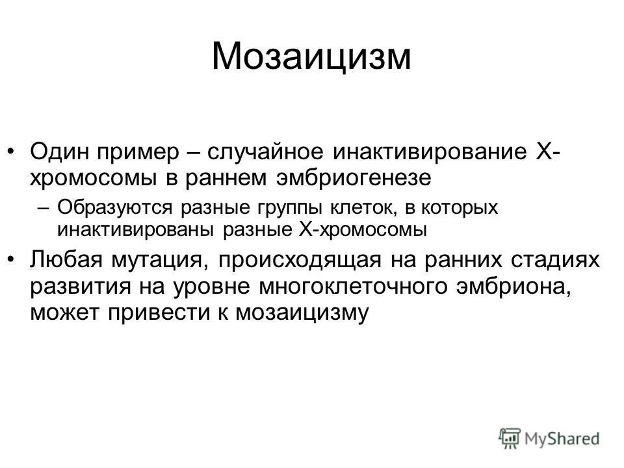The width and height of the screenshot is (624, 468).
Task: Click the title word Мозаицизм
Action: click(311, 57)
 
